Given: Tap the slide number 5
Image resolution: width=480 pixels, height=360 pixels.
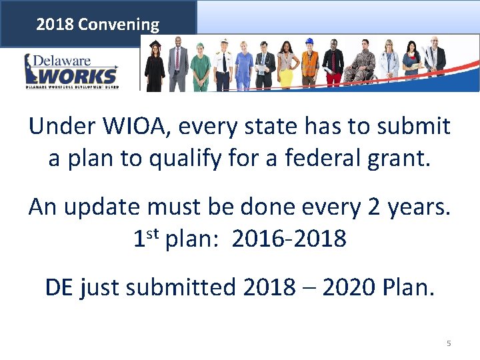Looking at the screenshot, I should click(449, 343).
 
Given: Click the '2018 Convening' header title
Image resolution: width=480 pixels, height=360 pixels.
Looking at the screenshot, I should click(98, 25).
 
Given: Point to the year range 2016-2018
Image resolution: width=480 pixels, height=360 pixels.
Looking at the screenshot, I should click(289, 239).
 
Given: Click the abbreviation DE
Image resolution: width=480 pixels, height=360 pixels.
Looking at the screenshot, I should click(59, 287).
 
